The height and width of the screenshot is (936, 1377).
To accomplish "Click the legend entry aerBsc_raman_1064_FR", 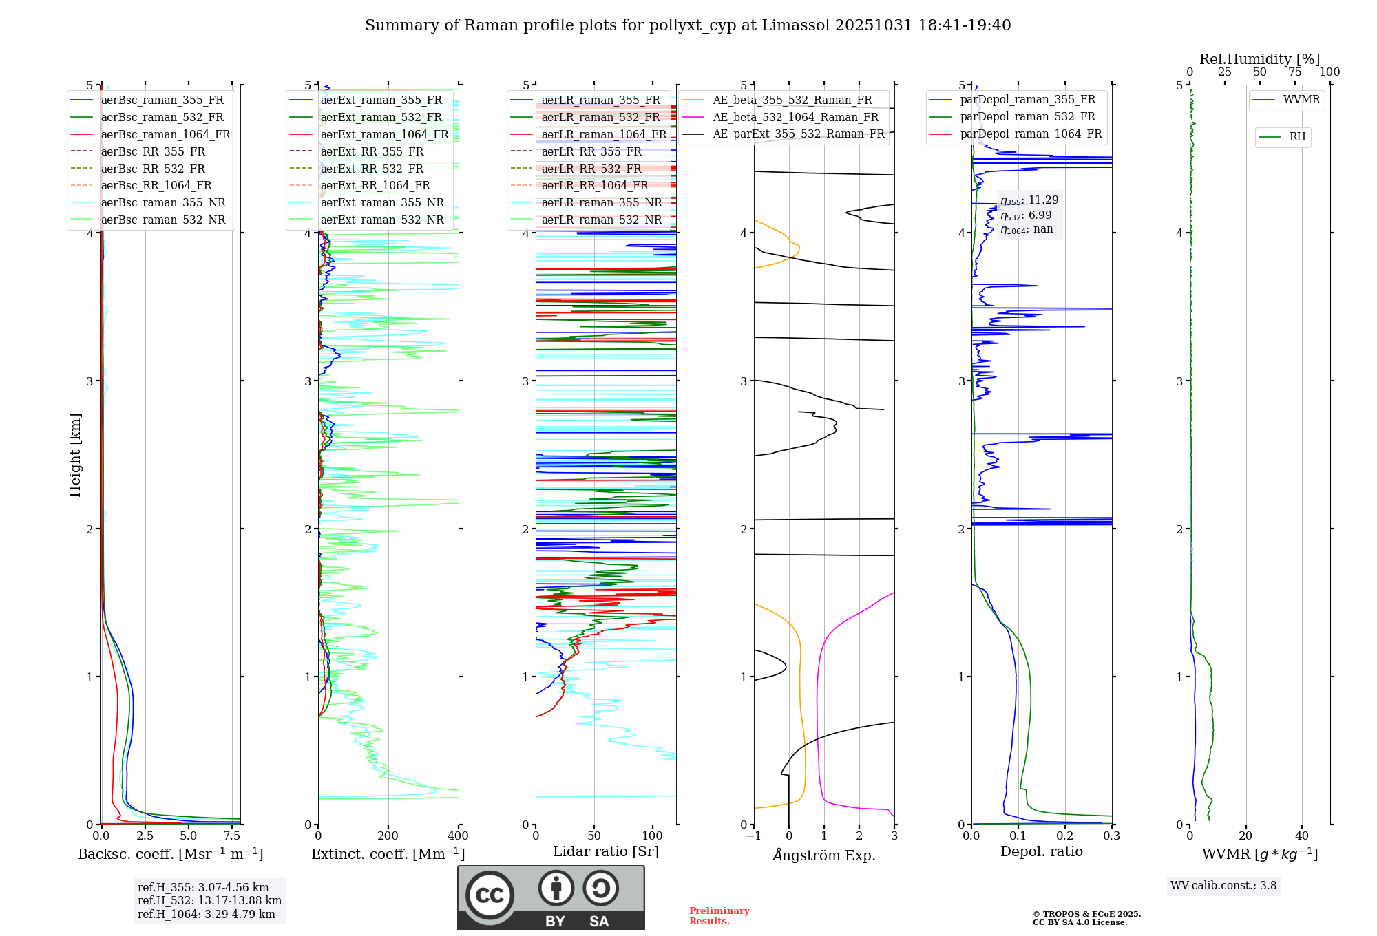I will [165, 134].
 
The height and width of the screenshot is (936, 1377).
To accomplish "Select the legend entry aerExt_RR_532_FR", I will [372, 169].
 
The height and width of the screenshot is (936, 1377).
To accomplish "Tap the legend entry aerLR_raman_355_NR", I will [601, 202].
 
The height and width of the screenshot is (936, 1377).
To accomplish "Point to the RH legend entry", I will [1297, 137].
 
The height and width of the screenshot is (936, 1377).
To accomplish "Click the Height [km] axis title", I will [75, 455].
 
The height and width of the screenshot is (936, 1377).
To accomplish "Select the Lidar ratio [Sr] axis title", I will [606, 851].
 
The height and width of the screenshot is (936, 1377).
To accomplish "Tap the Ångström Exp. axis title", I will [824, 855].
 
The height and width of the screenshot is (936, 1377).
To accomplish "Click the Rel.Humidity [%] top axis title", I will [1259, 59].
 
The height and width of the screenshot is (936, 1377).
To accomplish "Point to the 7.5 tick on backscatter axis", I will [232, 836].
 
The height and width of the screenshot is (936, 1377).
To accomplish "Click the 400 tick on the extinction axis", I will [459, 836].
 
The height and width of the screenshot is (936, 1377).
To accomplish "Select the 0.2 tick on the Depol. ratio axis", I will [1065, 836].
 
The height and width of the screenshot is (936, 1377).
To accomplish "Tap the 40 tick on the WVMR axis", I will [1302, 836].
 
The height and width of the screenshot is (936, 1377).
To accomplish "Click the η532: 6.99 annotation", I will [1026, 215].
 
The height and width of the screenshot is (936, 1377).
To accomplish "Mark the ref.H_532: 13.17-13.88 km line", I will [209, 900].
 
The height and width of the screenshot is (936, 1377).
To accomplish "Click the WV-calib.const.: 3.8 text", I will [1223, 886].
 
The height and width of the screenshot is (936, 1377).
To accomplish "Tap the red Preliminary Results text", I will [719, 916].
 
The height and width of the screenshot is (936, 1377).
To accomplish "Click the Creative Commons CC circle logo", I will [490, 895].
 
